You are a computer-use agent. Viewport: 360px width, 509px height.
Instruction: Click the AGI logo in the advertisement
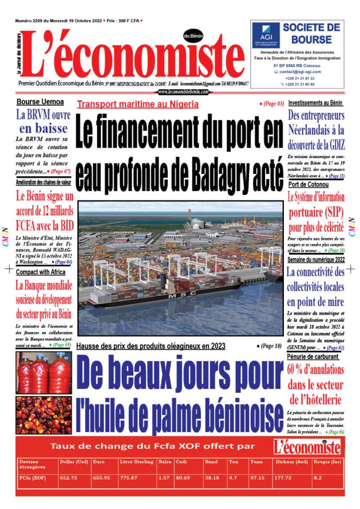265,35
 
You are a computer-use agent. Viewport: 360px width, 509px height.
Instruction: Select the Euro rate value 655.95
101,478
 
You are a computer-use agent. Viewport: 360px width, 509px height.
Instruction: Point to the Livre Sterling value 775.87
130,478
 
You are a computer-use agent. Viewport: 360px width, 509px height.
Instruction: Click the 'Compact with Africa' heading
40,272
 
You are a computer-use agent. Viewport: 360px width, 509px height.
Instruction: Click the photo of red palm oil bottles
43,372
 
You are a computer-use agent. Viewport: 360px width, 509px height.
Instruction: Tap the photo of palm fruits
43,415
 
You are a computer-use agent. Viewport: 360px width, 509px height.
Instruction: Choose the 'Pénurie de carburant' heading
313,356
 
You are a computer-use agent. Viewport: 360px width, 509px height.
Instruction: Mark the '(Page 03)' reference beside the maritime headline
272,104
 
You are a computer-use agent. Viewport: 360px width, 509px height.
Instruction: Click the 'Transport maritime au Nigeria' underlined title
138,104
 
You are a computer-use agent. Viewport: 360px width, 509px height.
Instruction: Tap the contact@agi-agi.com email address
300,72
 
